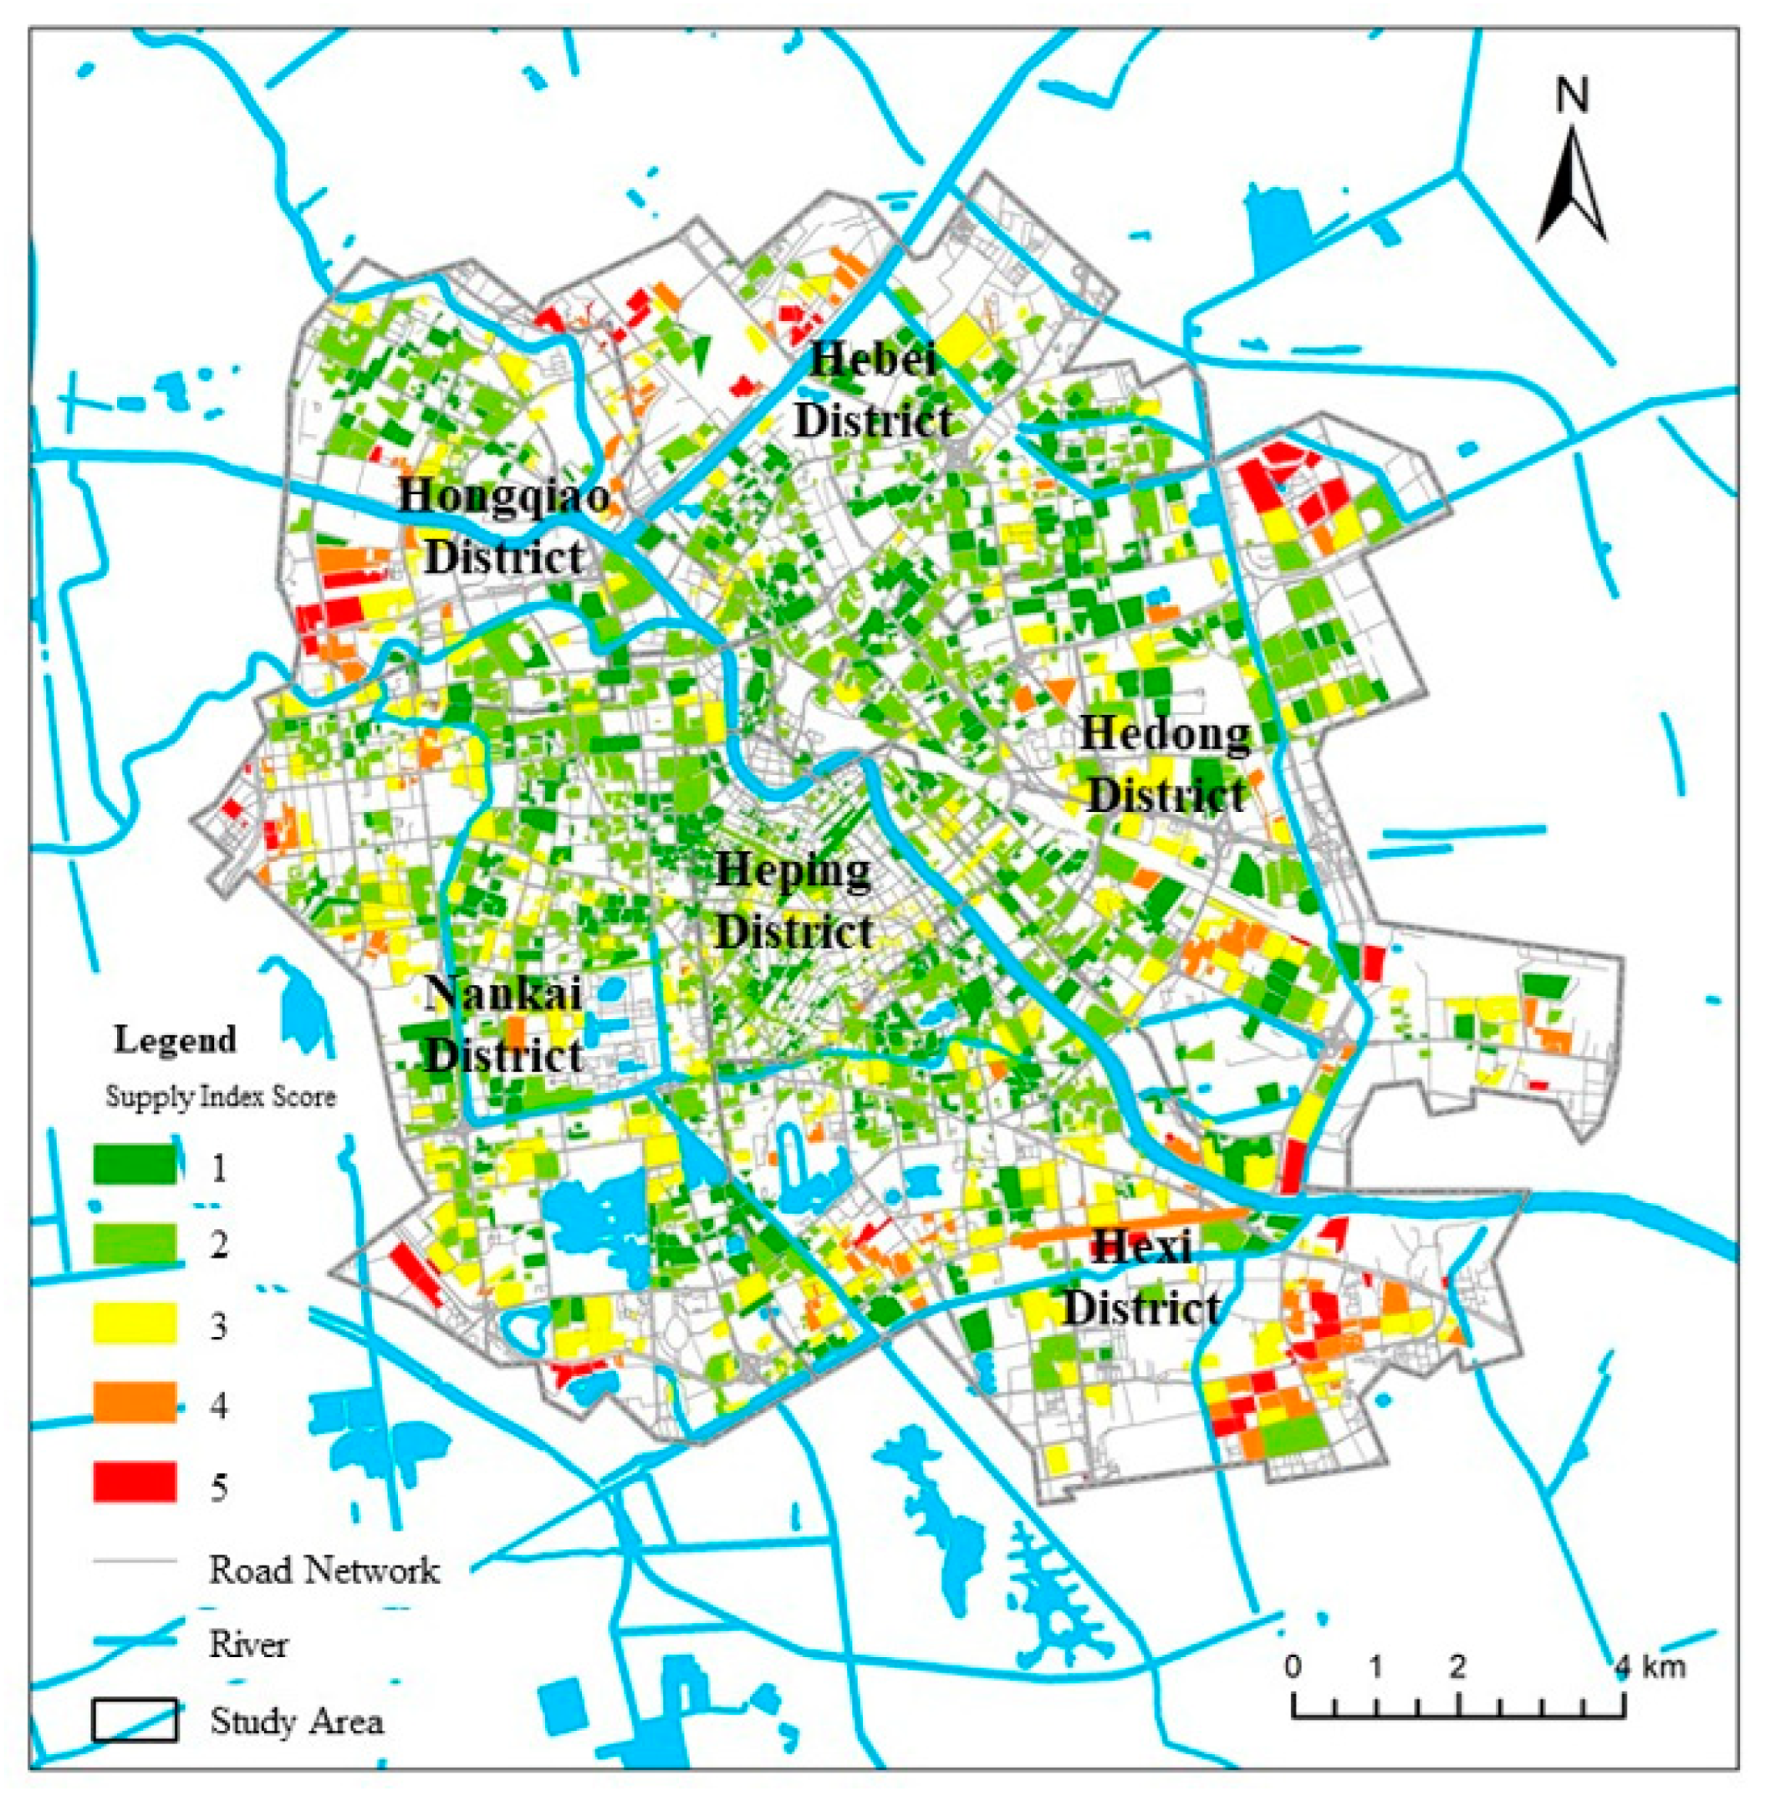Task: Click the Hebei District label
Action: (x=874, y=390)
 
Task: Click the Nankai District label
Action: (x=504, y=1024)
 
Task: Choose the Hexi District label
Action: (x=1141, y=1278)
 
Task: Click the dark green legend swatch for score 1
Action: (x=135, y=1164)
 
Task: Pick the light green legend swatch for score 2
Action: (x=135, y=1244)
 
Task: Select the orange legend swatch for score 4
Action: (x=135, y=1403)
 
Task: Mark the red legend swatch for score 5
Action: (x=135, y=1483)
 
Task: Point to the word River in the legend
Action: (x=248, y=1645)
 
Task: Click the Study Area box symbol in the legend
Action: (x=135, y=1721)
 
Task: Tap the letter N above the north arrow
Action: (x=1572, y=97)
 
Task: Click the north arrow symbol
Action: (x=1572, y=186)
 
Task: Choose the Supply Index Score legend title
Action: (x=221, y=1097)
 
